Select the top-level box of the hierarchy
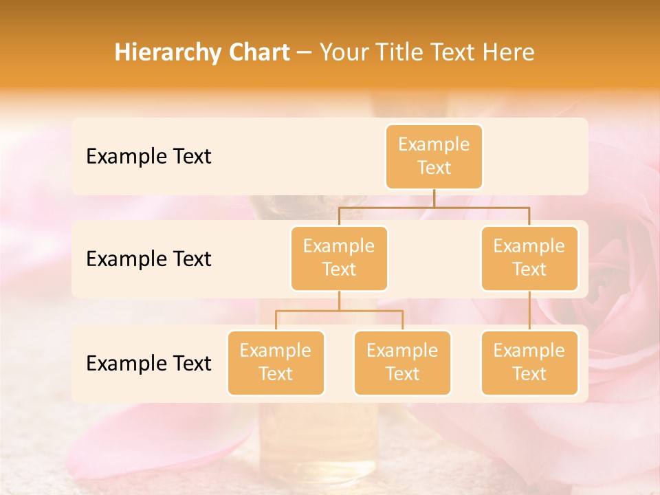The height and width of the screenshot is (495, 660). (434, 156)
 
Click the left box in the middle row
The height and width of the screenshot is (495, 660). (339, 258)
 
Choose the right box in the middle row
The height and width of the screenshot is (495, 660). (529, 258)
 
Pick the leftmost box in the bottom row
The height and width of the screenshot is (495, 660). (276, 362)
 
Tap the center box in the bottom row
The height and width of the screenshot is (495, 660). (402, 362)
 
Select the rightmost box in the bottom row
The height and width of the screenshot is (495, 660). (529, 362)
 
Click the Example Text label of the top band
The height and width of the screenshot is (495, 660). (148, 156)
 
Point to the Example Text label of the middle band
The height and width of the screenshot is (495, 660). (148, 258)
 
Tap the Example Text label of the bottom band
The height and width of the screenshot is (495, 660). (148, 363)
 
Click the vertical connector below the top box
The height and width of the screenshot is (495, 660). (434, 198)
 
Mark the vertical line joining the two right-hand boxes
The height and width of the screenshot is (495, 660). (529, 311)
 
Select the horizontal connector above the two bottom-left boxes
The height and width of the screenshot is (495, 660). (339, 311)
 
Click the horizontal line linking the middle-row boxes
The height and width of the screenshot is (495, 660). (434, 207)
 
